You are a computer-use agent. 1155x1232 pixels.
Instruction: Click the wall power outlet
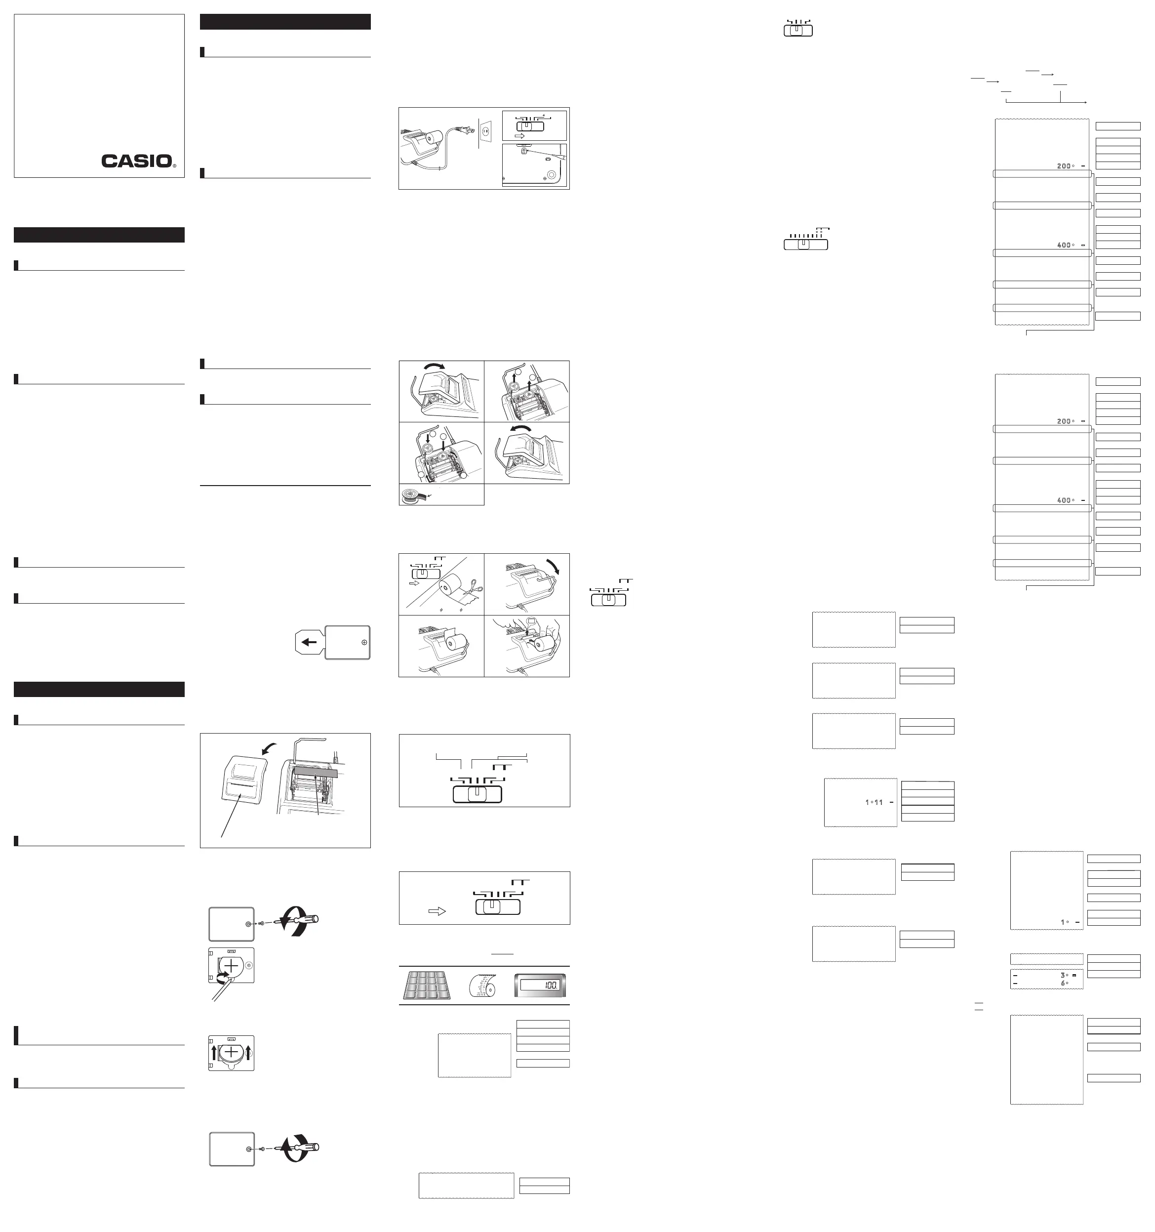486,132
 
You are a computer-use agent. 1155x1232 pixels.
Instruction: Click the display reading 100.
540,986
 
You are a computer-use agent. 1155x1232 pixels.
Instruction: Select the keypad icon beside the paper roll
427,986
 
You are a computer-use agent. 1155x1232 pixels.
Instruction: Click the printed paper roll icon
483,986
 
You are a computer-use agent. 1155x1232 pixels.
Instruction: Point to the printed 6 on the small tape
1063,984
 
